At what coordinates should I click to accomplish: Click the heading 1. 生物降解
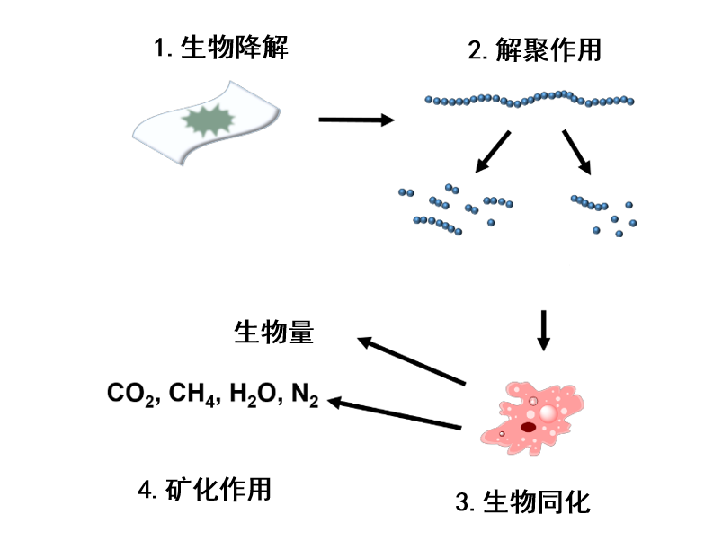pyautogui.click(x=221, y=48)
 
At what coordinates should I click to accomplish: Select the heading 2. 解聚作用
pyautogui.click(x=535, y=49)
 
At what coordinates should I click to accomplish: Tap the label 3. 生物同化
pyautogui.click(x=522, y=501)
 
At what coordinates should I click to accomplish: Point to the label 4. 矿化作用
pyautogui.click(x=204, y=489)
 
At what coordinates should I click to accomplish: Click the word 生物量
pyautogui.click(x=274, y=332)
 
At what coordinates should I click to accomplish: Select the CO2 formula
pyautogui.click(x=131, y=395)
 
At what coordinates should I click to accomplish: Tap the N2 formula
pyautogui.click(x=305, y=395)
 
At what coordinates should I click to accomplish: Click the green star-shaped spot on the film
pyautogui.click(x=208, y=120)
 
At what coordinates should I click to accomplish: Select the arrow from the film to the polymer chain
pyautogui.click(x=356, y=120)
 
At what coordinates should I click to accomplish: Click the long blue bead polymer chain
pyautogui.click(x=529, y=99)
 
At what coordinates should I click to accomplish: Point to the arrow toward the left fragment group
pyautogui.click(x=493, y=152)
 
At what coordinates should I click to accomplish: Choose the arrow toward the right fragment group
pyautogui.click(x=577, y=153)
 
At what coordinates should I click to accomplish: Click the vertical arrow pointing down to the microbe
pyautogui.click(x=544, y=331)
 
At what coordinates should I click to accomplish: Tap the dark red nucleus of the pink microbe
pyautogui.click(x=528, y=428)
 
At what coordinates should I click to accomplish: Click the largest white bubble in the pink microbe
pyautogui.click(x=548, y=413)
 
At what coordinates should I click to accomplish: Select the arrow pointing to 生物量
pyautogui.click(x=411, y=361)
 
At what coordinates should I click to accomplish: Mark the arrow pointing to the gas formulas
pyautogui.click(x=394, y=412)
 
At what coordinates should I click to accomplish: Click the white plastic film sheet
pyautogui.click(x=206, y=123)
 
